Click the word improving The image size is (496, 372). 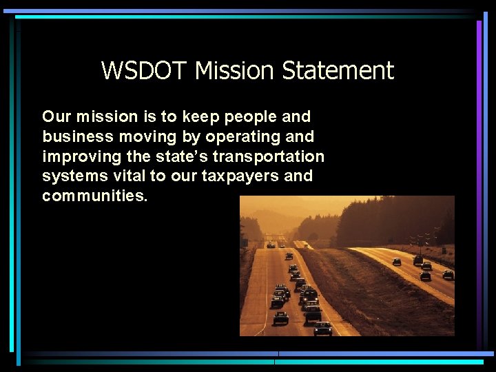click(x=77, y=156)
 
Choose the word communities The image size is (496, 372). click(x=94, y=196)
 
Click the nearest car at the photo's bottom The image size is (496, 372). click(x=322, y=328)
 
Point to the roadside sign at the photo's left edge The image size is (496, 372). click(x=245, y=244)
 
